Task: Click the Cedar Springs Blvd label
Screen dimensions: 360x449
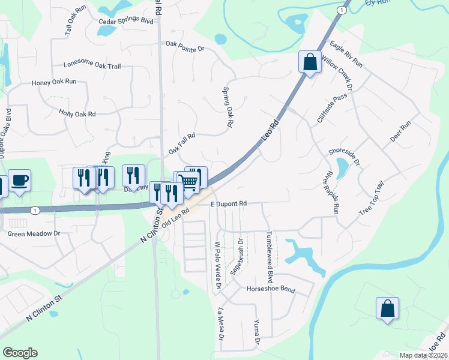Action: pos(125,22)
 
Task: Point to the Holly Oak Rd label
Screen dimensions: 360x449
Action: pos(77,113)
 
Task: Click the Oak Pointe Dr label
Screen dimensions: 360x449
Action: pos(185,44)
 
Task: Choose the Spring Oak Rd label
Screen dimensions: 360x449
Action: pos(228,108)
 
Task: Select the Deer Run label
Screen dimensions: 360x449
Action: pos(400,131)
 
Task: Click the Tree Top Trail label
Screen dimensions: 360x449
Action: pos(370,199)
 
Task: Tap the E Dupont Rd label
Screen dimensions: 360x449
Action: pos(229,204)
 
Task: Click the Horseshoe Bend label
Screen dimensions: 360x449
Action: pos(271,289)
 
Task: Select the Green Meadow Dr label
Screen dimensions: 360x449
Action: pos(34,233)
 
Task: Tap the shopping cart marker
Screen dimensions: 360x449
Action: pos(189,181)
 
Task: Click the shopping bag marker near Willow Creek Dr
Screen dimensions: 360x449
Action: pos(310,62)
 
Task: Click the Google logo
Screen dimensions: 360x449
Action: pos(20,353)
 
